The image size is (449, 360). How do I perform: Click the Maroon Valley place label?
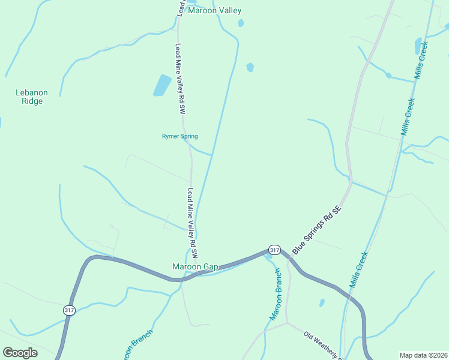(x=214, y=10)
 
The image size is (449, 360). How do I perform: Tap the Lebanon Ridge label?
(x=31, y=97)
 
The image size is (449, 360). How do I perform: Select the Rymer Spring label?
(x=180, y=136)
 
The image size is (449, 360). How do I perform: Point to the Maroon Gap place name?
(x=194, y=266)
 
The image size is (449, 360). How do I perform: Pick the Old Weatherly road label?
(x=322, y=346)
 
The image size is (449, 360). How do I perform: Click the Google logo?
(x=20, y=352)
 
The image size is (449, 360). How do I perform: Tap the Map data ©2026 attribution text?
(x=423, y=355)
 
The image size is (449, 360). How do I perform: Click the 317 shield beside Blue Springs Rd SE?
(x=274, y=250)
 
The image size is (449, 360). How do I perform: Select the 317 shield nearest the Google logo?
(x=69, y=310)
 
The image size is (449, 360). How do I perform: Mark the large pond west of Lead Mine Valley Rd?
(x=161, y=85)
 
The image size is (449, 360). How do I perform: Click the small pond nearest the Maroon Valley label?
(x=241, y=23)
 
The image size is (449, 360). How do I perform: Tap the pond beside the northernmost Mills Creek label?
(x=418, y=45)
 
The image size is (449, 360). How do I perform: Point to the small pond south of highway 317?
(x=322, y=302)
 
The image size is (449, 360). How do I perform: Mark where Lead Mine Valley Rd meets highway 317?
(x=183, y=278)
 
